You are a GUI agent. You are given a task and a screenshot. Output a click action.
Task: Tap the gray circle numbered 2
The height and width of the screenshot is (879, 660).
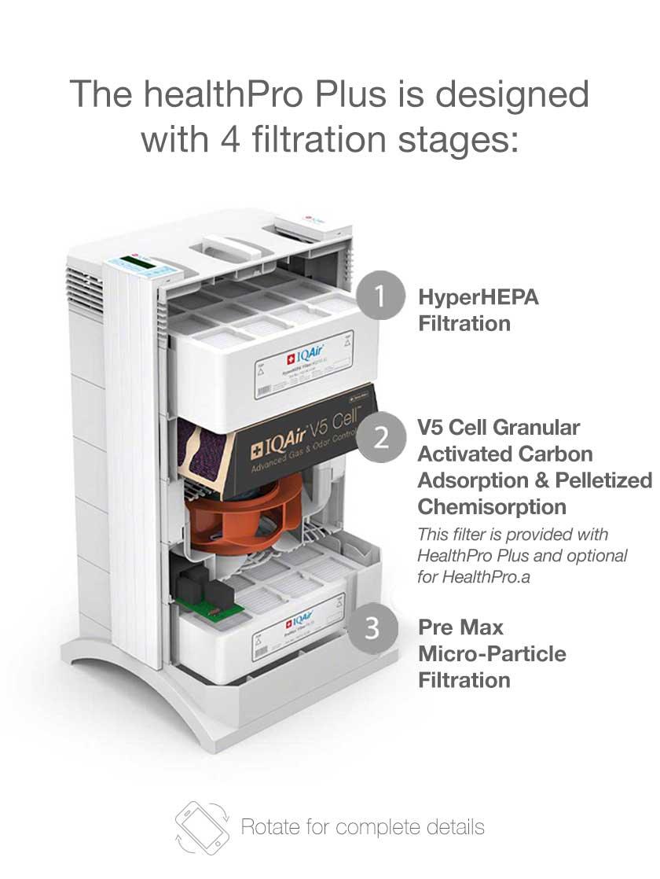click(x=381, y=437)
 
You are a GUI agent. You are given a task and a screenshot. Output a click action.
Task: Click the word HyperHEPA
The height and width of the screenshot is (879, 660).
click(x=478, y=297)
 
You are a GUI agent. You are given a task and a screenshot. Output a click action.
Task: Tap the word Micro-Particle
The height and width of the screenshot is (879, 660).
click(x=492, y=653)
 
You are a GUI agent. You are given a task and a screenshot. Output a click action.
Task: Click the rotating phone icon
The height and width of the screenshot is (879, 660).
click(x=202, y=826)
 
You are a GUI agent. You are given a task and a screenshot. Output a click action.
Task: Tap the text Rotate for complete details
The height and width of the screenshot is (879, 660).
click(x=362, y=826)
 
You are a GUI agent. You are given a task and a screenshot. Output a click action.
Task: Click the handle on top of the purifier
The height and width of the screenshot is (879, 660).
click(x=232, y=248)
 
